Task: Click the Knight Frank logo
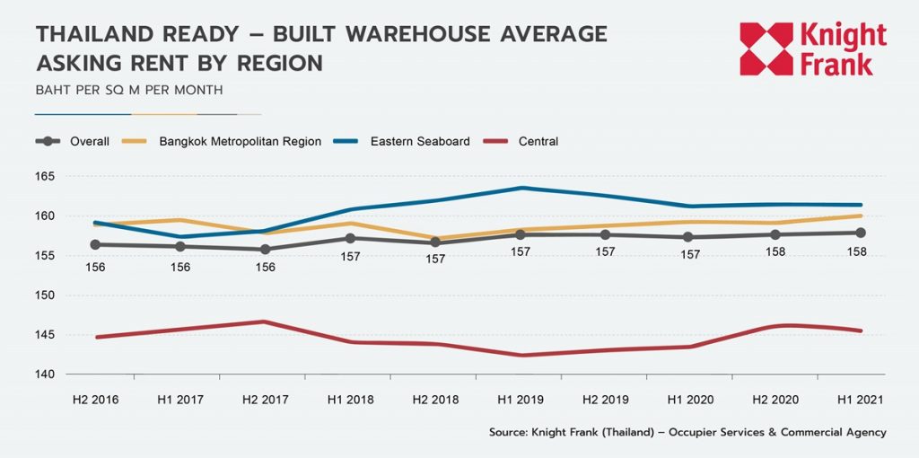pyautogui.click(x=812, y=49)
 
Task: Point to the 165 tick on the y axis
pyautogui.click(x=46, y=176)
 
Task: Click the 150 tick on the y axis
pyautogui.click(x=46, y=295)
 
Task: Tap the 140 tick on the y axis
pyautogui.click(x=46, y=374)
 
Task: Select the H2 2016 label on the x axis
pyautogui.click(x=95, y=399)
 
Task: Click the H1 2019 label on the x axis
pyautogui.click(x=522, y=399)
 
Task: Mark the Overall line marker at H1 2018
pyautogui.click(x=351, y=238)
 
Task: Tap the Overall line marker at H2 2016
pyautogui.click(x=95, y=244)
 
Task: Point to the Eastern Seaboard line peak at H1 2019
pyautogui.click(x=522, y=188)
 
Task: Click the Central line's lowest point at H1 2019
pyautogui.click(x=522, y=356)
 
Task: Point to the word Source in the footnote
pyautogui.click(x=509, y=432)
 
